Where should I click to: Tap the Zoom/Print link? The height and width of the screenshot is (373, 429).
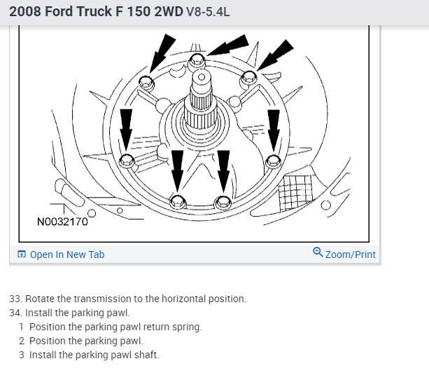pos(350,255)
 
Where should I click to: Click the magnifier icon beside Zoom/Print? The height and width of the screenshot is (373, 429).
pos(318,252)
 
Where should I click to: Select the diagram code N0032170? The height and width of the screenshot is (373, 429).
pos(62,222)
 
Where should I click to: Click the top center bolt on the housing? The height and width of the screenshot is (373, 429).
pos(197,60)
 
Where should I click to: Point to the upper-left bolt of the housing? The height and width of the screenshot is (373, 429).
pos(146,83)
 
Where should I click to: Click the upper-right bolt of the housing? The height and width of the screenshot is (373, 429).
pos(248,78)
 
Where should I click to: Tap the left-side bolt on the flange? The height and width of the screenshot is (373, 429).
pos(127,161)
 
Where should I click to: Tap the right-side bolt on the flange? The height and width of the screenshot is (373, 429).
pos(274,161)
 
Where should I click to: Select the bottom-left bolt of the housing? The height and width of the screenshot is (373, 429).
pos(178,202)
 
